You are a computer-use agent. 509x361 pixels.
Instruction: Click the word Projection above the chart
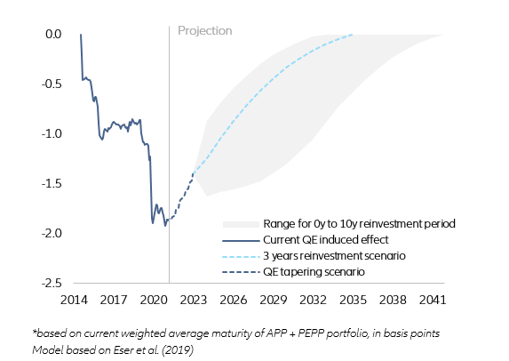[204, 31]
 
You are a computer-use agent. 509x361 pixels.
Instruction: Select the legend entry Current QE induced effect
[324, 240]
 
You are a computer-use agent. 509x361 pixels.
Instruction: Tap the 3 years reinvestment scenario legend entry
[334, 256]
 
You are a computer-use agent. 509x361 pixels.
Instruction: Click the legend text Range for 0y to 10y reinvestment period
[359, 224]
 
